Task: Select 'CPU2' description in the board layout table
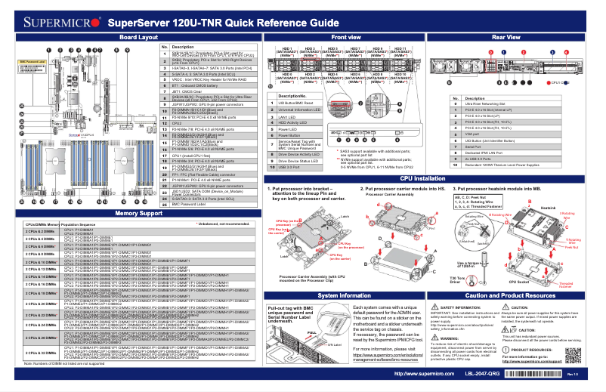(x=180, y=123)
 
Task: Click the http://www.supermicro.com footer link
(x=406, y=374)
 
